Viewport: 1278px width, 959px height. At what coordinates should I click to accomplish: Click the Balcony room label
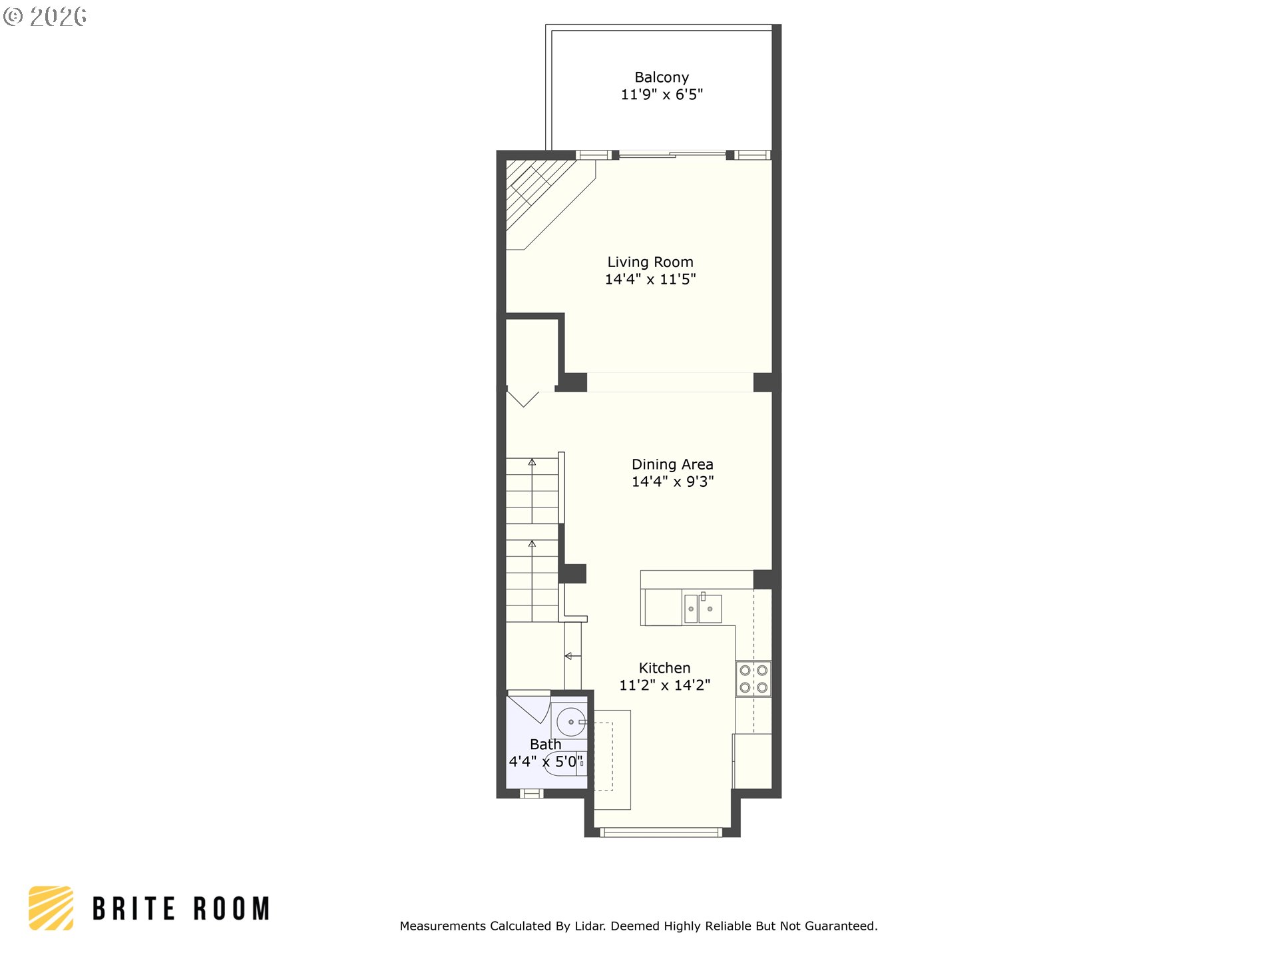[662, 77]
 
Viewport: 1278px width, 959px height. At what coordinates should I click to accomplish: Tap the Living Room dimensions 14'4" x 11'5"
[650, 280]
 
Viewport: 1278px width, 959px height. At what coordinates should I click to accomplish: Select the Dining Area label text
[672, 464]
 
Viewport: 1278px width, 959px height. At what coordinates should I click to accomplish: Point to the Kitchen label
[664, 668]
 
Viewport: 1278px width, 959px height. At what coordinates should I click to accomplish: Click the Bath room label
[546, 744]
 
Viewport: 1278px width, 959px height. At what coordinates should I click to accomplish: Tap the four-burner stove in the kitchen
[753, 679]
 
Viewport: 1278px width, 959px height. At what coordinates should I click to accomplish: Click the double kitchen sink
[703, 608]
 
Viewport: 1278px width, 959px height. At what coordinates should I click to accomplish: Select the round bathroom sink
[570, 722]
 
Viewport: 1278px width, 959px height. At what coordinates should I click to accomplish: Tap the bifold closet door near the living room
[523, 398]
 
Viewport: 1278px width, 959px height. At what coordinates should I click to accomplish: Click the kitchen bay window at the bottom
[660, 832]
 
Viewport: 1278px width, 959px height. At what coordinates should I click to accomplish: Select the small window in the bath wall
[531, 793]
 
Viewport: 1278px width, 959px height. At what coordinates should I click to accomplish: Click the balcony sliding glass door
[672, 155]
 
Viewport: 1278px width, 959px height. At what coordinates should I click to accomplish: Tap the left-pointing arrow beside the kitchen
[572, 657]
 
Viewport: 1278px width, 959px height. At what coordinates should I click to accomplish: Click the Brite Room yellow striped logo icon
[51, 908]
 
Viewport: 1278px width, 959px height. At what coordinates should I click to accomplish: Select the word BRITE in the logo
[134, 909]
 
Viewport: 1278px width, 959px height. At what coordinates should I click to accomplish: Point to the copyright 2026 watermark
[45, 16]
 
